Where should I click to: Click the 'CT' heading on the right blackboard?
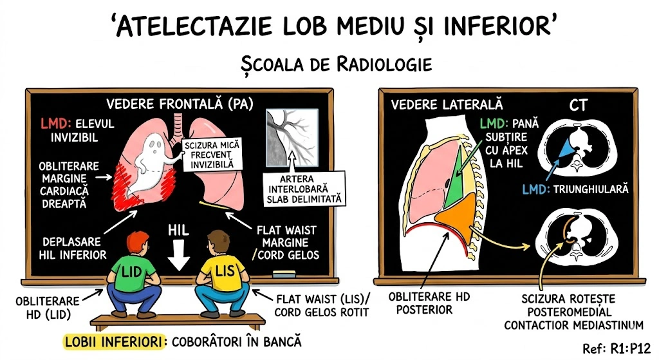578,104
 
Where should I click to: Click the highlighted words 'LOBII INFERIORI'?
111,341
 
